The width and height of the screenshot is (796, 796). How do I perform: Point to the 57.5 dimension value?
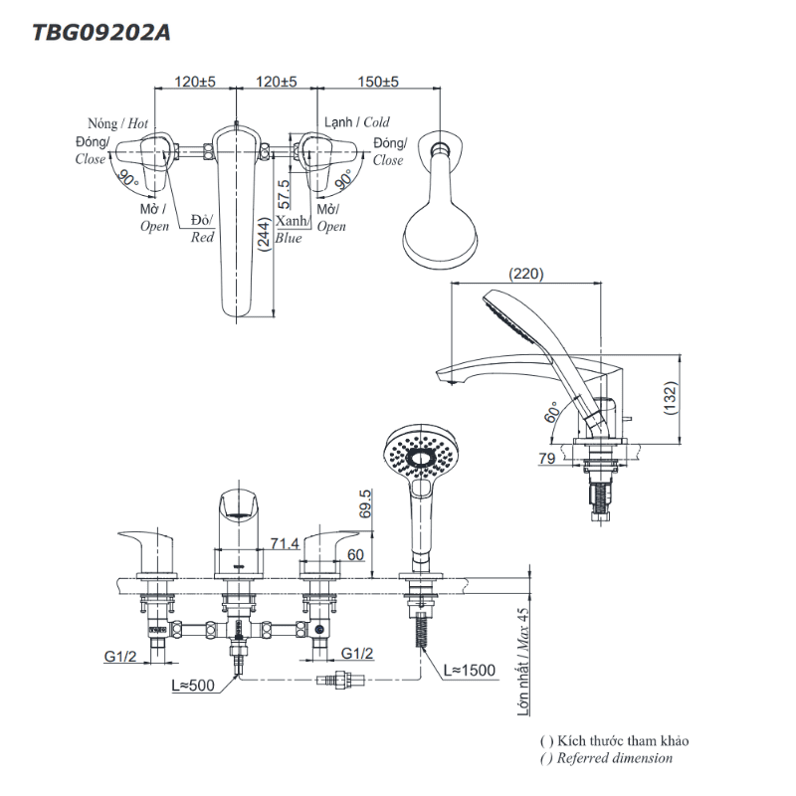[x=285, y=192]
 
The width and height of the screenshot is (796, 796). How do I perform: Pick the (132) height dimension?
[x=670, y=398]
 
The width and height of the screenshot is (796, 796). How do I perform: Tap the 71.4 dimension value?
[x=285, y=543]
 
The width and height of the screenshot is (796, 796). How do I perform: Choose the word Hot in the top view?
[x=137, y=123]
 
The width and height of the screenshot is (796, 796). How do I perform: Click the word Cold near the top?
[x=376, y=122]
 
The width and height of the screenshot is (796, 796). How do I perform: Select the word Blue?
[x=289, y=239]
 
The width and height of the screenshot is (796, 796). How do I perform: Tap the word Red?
[x=203, y=238]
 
